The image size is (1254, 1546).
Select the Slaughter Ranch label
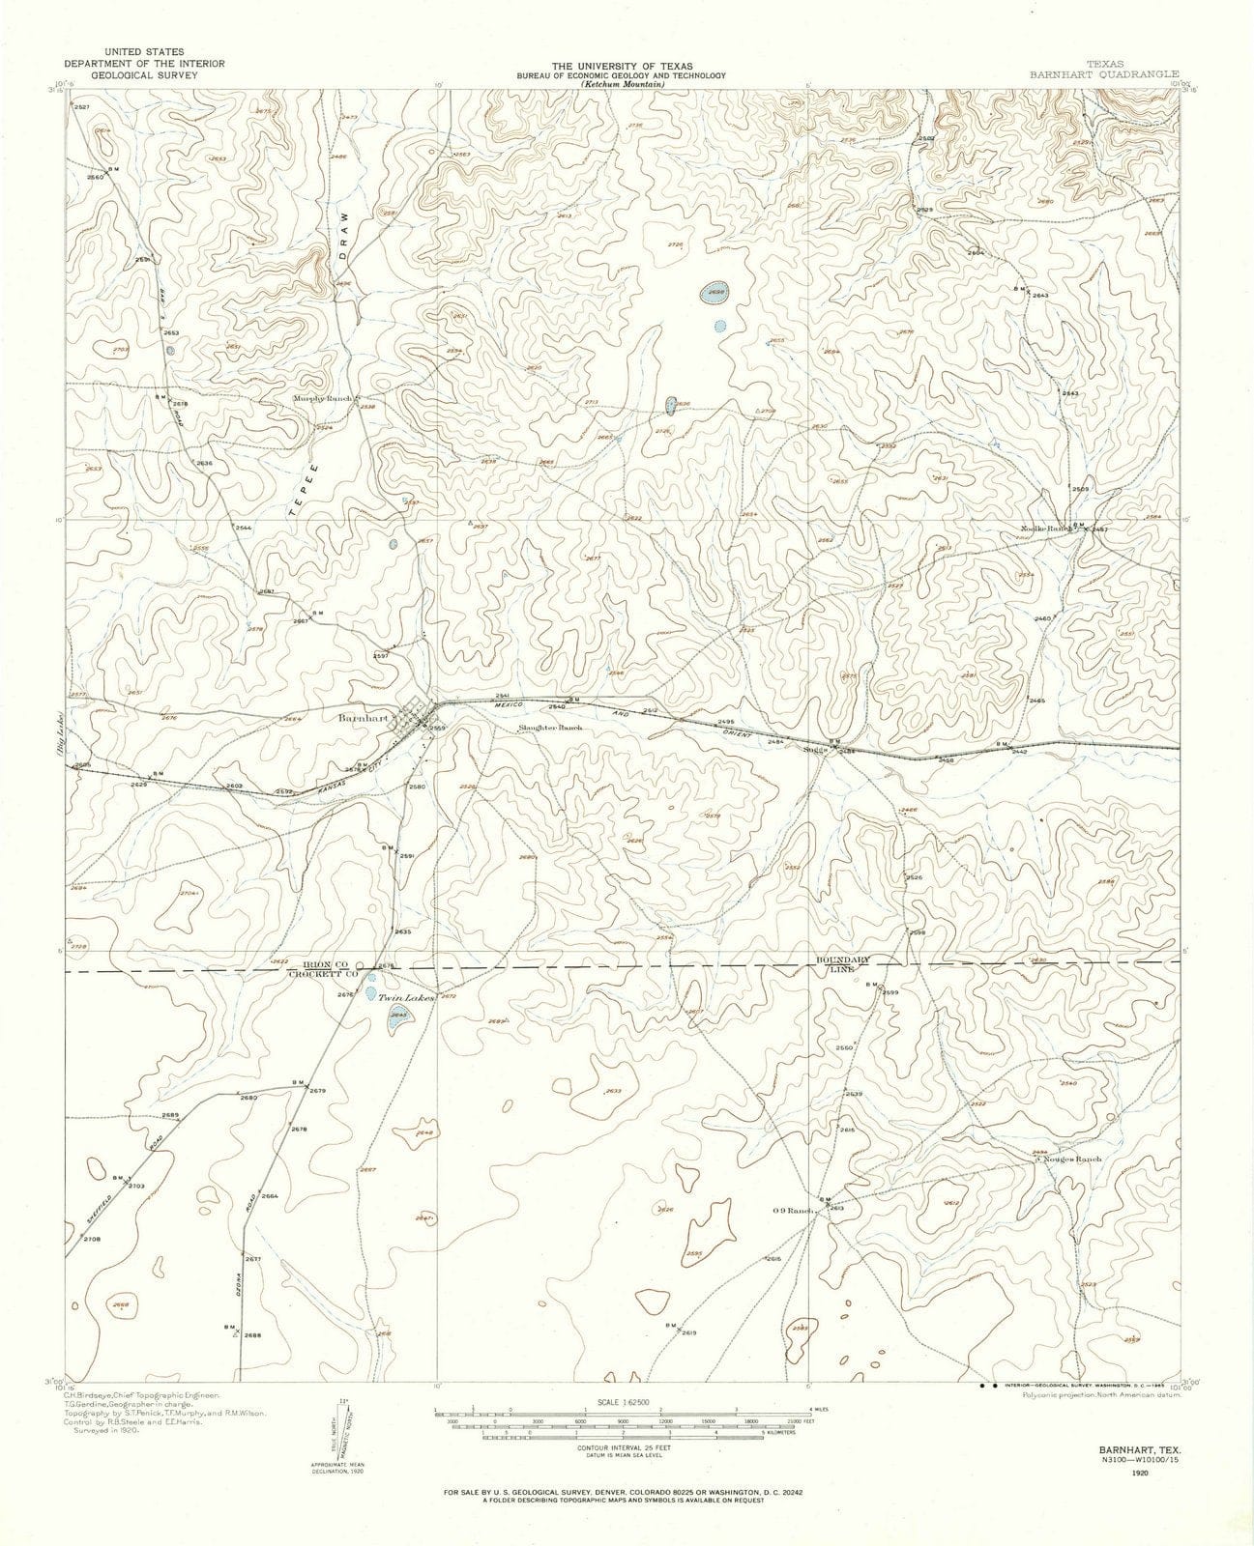point(550,728)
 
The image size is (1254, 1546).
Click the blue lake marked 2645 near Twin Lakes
point(397,1019)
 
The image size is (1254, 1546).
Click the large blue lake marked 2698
point(716,293)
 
